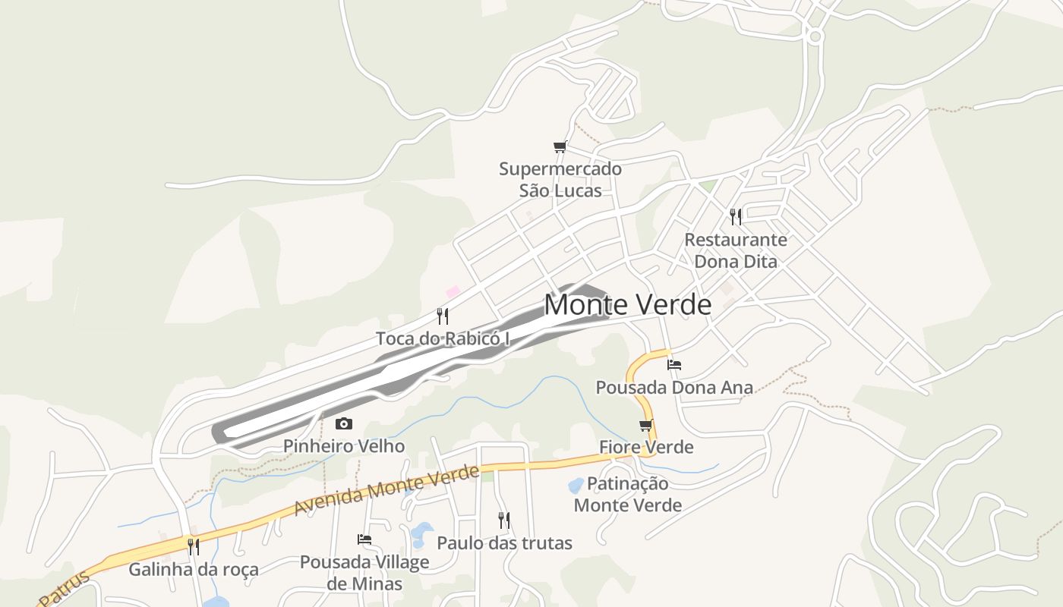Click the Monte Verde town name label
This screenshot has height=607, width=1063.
point(628,305)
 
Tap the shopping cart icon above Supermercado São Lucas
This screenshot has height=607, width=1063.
point(560,146)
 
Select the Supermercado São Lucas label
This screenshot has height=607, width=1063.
point(560,180)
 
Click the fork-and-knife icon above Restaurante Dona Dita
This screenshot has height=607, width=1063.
point(735,217)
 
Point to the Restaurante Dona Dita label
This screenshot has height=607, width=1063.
point(736,250)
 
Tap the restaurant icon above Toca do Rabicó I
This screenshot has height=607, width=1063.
point(443,316)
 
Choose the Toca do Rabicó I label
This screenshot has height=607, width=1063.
point(443,338)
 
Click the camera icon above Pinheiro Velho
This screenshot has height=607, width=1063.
point(344,423)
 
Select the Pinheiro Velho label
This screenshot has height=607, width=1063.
point(344,446)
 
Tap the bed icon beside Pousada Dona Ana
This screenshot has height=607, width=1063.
point(673,365)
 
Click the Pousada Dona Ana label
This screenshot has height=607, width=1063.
point(674,388)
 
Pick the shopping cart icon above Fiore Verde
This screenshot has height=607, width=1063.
point(646,425)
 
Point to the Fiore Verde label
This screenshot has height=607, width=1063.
point(646,447)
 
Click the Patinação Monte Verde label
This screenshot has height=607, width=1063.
point(628,494)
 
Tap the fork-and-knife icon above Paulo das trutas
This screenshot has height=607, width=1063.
point(503,520)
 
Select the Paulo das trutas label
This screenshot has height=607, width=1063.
point(504,543)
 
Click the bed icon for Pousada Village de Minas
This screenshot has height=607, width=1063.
point(364,539)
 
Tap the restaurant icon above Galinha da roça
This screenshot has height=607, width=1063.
point(194,546)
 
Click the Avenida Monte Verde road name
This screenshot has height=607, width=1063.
point(386,490)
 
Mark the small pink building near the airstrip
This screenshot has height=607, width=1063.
point(453,291)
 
